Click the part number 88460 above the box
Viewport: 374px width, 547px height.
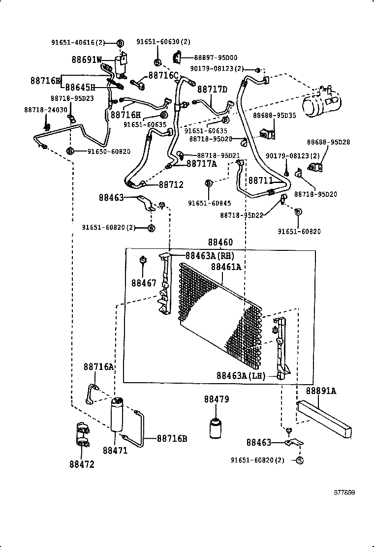coord(220,242)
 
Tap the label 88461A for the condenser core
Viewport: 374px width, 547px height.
coord(226,267)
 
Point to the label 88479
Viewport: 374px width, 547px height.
coord(217,399)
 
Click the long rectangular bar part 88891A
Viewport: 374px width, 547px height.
coord(324,416)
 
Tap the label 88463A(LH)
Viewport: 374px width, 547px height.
coord(241,376)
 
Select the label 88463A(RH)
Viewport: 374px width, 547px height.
coord(210,255)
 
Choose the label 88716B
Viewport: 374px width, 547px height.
coord(172,438)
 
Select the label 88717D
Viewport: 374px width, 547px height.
coord(212,89)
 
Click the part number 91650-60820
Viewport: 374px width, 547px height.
coord(109,151)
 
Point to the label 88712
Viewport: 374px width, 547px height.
coord(171,184)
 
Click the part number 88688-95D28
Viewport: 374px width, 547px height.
coord(329,142)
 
